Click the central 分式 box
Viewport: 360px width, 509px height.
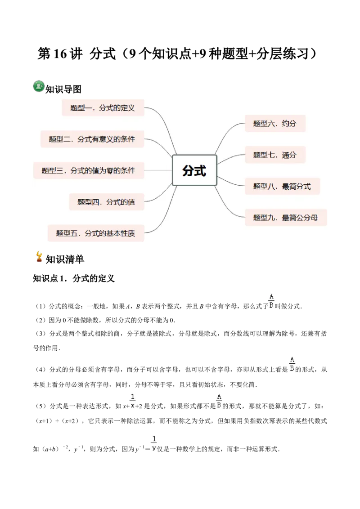point(194,170)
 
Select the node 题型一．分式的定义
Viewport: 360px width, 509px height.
point(103,108)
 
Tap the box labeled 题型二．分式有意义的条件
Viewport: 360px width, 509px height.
point(92,139)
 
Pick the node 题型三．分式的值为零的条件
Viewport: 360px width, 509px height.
point(89,170)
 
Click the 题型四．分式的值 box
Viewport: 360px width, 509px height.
point(106,202)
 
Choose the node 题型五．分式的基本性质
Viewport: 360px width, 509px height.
point(96,233)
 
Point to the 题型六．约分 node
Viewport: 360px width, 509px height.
point(275,123)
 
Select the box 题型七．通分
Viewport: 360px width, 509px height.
point(275,155)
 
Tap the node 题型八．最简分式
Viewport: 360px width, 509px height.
point(282,186)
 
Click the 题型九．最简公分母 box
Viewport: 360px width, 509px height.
point(286,218)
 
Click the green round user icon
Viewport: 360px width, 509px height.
point(39,85)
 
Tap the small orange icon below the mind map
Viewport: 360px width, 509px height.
point(40,256)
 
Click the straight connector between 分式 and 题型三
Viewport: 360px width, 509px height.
point(158,170)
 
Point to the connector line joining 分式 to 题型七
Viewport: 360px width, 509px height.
point(230,157)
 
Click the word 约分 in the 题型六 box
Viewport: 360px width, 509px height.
point(289,123)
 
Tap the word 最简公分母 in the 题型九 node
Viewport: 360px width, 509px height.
point(300,218)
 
